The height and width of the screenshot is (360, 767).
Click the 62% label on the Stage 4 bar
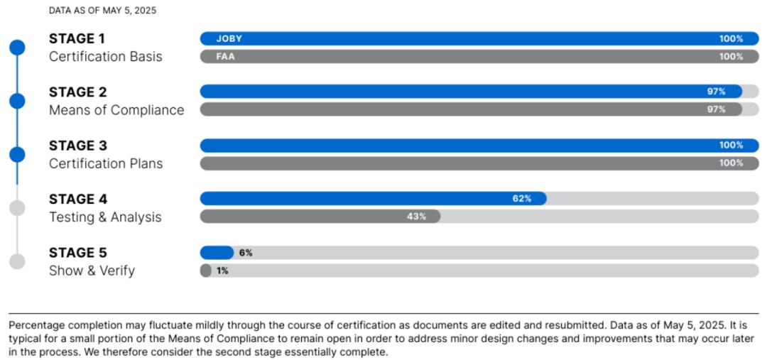point(522,199)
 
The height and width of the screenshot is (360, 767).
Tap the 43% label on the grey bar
point(416,217)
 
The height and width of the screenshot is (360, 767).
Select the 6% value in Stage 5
point(246,253)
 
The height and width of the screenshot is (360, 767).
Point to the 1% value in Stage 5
point(222,271)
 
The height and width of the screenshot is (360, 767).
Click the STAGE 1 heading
point(77,38)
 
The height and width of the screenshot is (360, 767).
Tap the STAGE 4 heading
point(78,199)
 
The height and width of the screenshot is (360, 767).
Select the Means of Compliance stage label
point(116,110)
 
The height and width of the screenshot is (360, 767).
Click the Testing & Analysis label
point(105,217)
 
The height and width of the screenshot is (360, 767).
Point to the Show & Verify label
point(92,271)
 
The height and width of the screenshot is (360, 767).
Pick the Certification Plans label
point(106,163)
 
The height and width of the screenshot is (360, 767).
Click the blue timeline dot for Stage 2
point(17,101)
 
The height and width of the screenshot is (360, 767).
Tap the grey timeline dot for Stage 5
point(17,261)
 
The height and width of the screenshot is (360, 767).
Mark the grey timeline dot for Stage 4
point(17,208)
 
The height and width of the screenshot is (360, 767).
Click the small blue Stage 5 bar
point(216,253)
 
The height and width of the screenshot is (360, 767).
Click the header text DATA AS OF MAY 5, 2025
point(103,11)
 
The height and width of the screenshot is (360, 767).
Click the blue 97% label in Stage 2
point(716,92)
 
